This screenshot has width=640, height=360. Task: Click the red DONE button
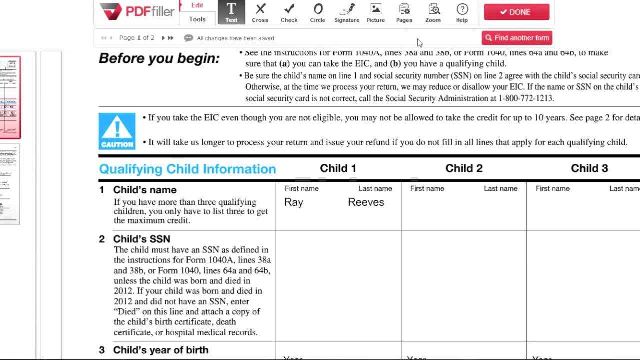point(516,12)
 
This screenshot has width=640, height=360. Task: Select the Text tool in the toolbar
point(231,12)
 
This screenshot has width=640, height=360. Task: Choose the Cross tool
point(260,12)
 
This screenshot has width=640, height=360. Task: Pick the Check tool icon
point(289,12)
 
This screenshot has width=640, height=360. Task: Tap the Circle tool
point(318,12)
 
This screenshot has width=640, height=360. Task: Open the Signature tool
point(347,12)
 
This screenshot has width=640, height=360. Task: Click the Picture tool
point(375,12)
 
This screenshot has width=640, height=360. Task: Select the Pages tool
point(404,12)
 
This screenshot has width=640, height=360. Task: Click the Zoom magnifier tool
point(433,12)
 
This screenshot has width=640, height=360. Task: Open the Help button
point(462,12)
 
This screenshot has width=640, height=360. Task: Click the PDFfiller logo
point(136,11)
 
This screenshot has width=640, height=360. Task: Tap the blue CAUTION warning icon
point(117,131)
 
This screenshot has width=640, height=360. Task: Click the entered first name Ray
point(294,202)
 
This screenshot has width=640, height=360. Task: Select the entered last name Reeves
point(366,202)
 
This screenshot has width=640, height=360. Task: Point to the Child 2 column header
point(464,168)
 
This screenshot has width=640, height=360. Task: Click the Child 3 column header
point(589,168)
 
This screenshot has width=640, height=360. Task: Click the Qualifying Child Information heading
point(187,169)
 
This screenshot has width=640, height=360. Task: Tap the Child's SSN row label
point(142,239)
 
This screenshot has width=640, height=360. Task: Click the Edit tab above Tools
point(197,5)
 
